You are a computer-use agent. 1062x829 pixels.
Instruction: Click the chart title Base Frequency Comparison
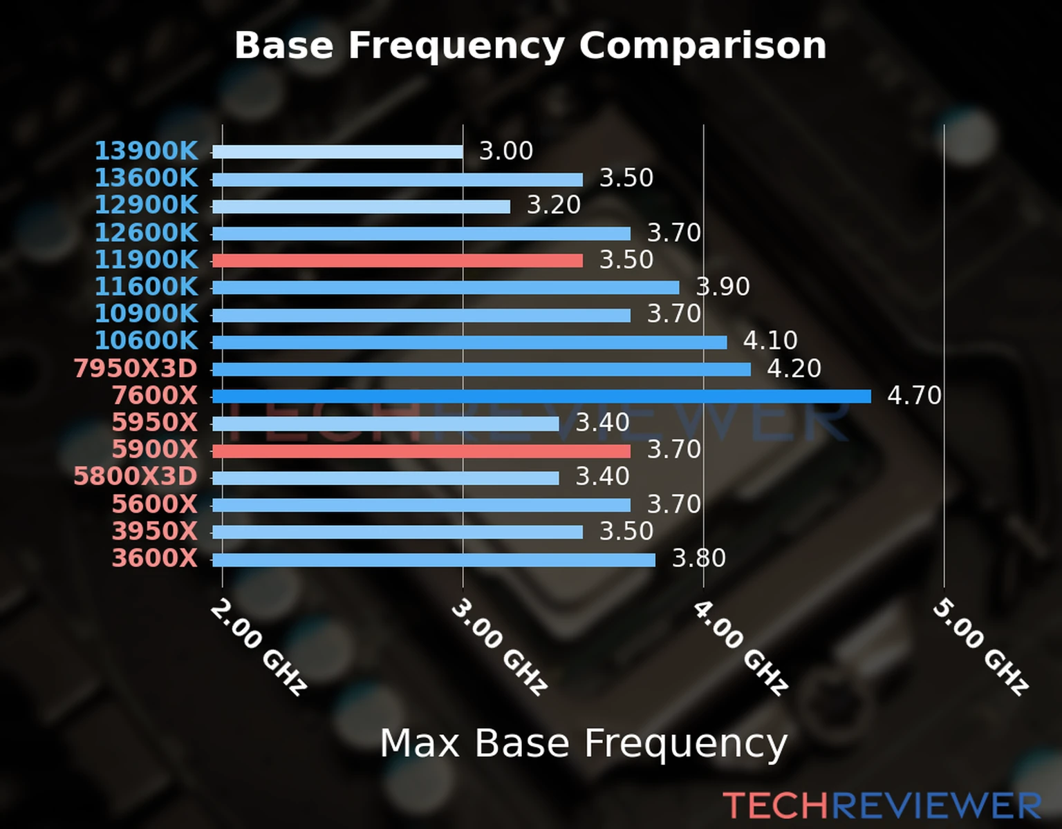(x=530, y=46)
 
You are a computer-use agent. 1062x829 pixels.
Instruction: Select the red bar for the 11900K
(x=398, y=260)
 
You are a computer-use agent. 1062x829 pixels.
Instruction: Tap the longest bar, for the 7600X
(x=541, y=396)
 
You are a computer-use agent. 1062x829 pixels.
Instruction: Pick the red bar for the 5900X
(x=421, y=451)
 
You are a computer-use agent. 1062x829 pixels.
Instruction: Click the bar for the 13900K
(x=337, y=152)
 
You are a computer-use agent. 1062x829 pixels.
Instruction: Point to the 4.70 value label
(x=914, y=396)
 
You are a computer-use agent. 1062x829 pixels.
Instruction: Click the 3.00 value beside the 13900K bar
(x=506, y=151)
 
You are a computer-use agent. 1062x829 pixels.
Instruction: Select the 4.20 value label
(x=794, y=369)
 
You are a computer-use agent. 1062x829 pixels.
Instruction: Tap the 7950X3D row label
(x=136, y=369)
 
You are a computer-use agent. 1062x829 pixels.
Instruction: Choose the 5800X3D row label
(x=136, y=477)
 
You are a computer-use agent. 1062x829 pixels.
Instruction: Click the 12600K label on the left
(x=146, y=233)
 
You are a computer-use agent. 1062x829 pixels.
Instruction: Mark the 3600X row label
(x=155, y=558)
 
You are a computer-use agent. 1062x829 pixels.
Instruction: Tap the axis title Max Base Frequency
(x=584, y=744)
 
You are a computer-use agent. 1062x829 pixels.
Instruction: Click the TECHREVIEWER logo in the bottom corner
(x=882, y=806)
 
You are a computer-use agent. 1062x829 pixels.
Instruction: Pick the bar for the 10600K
(x=469, y=342)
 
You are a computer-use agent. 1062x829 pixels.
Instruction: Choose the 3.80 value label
(x=699, y=558)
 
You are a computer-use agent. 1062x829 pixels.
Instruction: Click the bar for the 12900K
(x=361, y=207)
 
